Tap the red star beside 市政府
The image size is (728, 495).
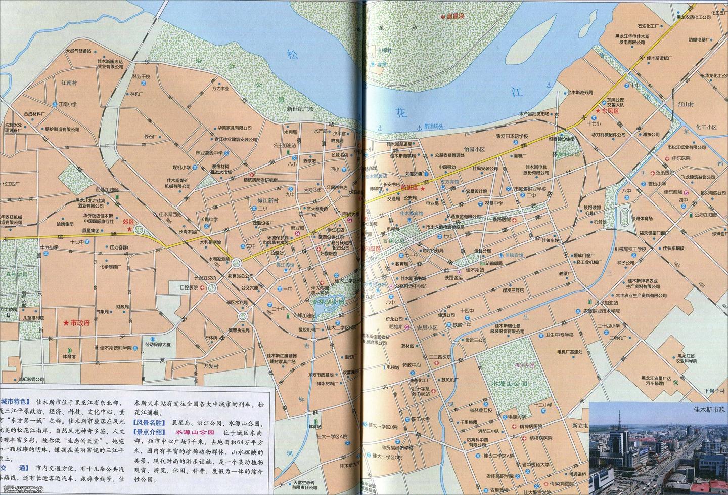(x=65, y=323)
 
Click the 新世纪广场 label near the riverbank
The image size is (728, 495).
(x=300, y=109)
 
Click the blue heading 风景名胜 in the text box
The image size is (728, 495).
(x=148, y=422)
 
